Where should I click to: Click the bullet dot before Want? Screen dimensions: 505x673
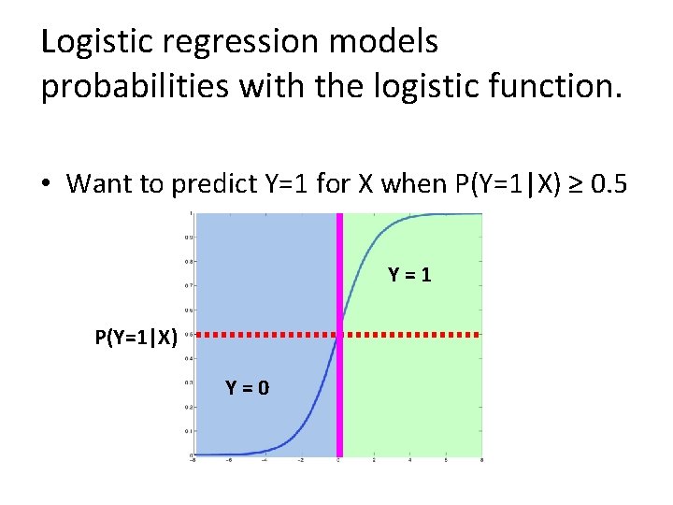click(46, 183)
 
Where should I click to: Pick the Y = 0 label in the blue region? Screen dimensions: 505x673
click(248, 387)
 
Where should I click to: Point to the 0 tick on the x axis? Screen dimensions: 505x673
click(338, 461)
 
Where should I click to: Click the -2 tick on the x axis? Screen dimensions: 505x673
click(301, 461)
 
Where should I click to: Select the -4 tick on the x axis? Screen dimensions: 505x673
click(265, 461)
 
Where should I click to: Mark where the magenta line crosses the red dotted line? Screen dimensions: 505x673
click(340, 334)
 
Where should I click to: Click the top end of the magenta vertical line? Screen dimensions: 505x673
click(340, 215)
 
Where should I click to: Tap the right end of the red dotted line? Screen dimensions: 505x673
click(478, 334)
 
